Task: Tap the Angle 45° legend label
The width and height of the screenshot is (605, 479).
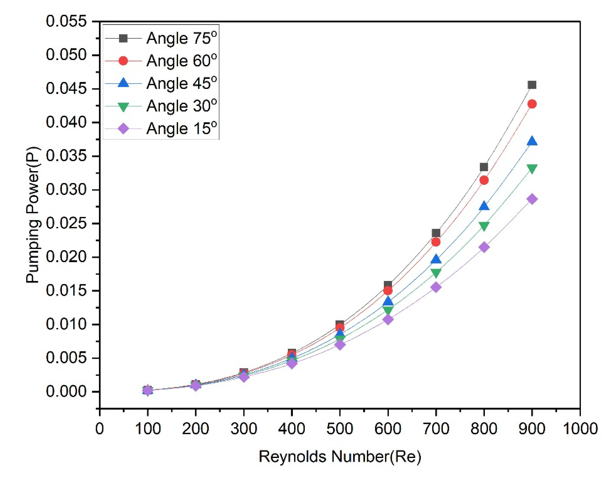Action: (x=181, y=83)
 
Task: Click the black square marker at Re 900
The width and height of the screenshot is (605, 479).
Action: (x=532, y=85)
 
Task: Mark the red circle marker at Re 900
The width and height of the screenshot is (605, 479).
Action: (x=532, y=104)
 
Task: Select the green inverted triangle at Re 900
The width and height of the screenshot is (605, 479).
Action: (x=532, y=168)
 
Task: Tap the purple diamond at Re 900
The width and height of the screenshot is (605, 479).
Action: (x=532, y=199)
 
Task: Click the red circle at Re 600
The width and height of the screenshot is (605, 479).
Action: (x=388, y=290)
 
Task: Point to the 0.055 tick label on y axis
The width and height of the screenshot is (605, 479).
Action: (x=67, y=21)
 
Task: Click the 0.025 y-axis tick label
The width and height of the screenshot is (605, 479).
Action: (x=67, y=224)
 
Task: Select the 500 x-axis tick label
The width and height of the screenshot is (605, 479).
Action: (x=339, y=428)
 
